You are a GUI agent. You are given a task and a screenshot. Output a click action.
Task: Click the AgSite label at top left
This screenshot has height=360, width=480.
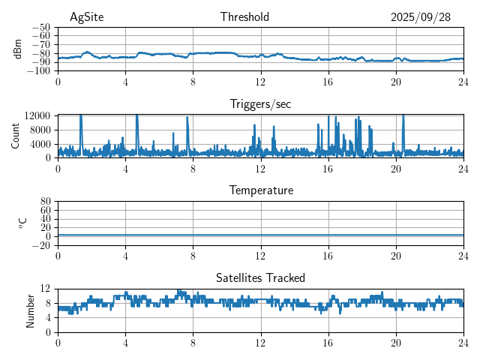[87, 17]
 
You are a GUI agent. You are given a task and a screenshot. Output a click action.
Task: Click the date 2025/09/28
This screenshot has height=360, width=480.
[421, 17]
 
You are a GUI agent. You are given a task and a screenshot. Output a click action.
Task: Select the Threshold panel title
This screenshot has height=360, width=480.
[245, 17]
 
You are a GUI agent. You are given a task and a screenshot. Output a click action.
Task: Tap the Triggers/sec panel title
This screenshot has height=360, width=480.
[260, 104]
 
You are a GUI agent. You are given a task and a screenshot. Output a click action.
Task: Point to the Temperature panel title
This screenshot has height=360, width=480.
[261, 190]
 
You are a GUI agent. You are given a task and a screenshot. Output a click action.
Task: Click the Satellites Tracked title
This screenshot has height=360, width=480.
[260, 277]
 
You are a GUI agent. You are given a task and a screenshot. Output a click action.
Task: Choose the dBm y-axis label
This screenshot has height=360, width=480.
[18, 48]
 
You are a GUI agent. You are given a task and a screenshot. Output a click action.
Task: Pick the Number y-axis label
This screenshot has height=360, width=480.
[31, 310]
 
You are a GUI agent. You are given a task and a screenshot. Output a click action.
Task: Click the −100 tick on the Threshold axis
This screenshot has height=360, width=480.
[40, 71]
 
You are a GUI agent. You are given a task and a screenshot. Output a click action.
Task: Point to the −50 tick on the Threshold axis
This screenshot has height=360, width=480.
[42, 27]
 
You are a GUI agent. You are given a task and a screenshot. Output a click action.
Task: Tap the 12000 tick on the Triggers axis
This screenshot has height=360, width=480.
[37, 116]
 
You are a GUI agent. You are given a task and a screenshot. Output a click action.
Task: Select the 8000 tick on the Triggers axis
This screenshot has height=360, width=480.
[40, 130]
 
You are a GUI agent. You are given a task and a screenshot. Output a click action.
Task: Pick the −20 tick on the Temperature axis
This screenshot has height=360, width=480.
[42, 245]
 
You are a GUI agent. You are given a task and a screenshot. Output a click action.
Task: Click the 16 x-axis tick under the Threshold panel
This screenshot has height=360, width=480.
[328, 82]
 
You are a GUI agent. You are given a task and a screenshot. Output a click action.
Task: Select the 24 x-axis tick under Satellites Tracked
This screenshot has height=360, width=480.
[463, 343]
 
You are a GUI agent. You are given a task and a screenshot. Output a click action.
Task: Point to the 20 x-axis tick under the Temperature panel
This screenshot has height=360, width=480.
[396, 256]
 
